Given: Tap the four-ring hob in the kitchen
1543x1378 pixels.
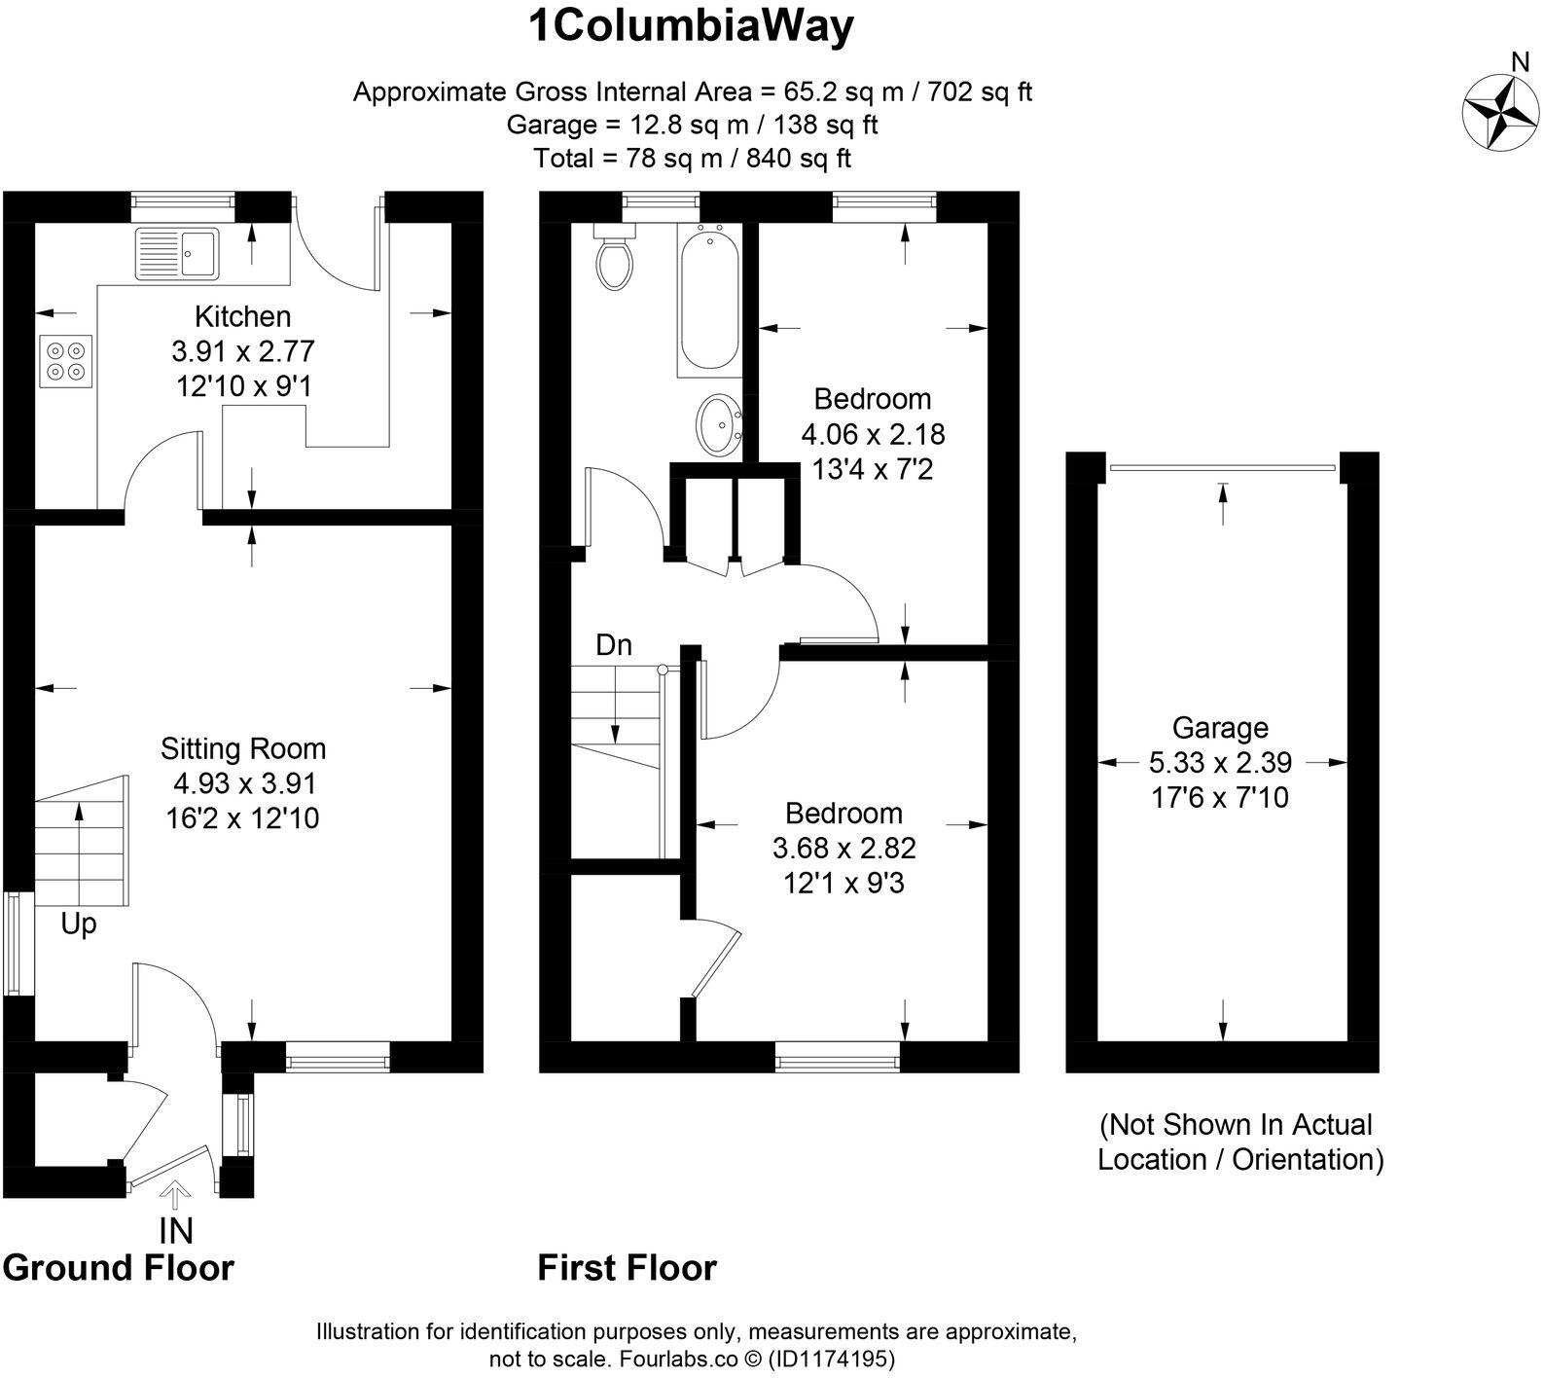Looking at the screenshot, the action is (x=66, y=360).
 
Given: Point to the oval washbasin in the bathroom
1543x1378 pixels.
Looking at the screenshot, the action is (x=721, y=425).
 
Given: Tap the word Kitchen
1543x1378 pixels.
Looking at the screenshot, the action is (x=242, y=316).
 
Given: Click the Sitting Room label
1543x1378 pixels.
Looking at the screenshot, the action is (x=243, y=748).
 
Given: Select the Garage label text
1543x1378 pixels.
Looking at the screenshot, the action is (x=1220, y=728).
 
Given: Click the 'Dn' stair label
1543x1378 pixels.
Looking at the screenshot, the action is (x=613, y=645).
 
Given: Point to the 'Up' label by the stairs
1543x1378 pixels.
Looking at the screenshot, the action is (x=79, y=923).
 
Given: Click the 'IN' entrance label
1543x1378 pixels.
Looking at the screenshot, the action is (x=176, y=1231).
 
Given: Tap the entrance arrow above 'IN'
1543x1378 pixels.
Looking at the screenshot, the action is (x=176, y=1194).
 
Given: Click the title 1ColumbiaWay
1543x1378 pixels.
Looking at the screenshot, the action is (x=691, y=26).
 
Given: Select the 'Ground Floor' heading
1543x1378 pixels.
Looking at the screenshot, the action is (x=119, y=1268).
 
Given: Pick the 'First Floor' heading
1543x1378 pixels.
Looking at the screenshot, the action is (x=628, y=1268).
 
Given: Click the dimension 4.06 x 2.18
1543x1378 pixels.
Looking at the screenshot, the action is (x=873, y=434).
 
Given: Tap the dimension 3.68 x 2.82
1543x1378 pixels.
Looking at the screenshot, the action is (x=844, y=849).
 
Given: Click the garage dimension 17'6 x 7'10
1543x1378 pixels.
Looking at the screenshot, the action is (x=1220, y=798).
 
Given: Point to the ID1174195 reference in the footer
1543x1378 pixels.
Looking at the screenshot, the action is (x=832, y=1358).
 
